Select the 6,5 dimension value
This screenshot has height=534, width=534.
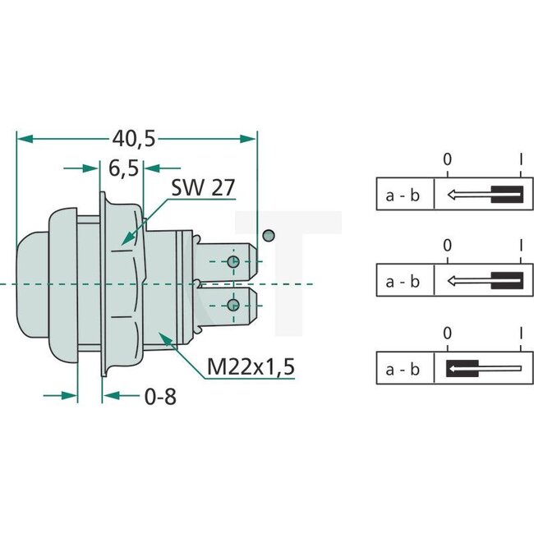point(122,168)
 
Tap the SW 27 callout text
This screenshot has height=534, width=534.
point(202,187)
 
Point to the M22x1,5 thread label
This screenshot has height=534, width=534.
point(251,366)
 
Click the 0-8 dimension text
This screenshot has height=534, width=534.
point(159,397)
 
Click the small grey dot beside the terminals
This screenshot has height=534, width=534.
point(268,237)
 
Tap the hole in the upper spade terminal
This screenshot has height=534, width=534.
point(234,263)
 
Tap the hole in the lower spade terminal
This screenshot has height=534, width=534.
point(234,306)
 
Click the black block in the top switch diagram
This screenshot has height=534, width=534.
point(505,195)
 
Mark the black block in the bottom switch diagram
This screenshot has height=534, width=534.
point(462,368)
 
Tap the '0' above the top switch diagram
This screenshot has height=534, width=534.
point(447,159)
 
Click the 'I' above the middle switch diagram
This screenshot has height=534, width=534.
point(521,246)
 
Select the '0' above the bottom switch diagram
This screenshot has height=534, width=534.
point(447,334)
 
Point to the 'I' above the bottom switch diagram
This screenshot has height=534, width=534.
point(521,334)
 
